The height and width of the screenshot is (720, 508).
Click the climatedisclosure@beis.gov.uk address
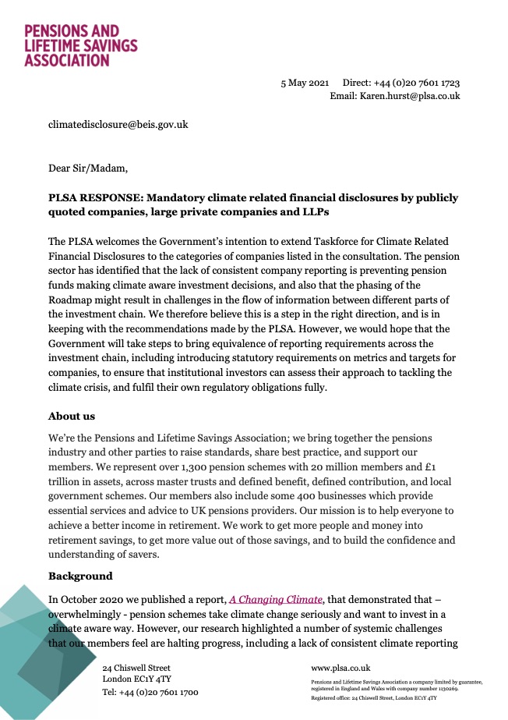click(x=118, y=124)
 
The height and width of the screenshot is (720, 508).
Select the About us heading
click(x=72, y=416)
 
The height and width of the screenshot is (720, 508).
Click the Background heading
click(x=80, y=576)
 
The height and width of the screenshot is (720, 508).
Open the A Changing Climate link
click(x=275, y=599)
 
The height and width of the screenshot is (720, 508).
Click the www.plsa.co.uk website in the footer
click(x=340, y=668)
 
